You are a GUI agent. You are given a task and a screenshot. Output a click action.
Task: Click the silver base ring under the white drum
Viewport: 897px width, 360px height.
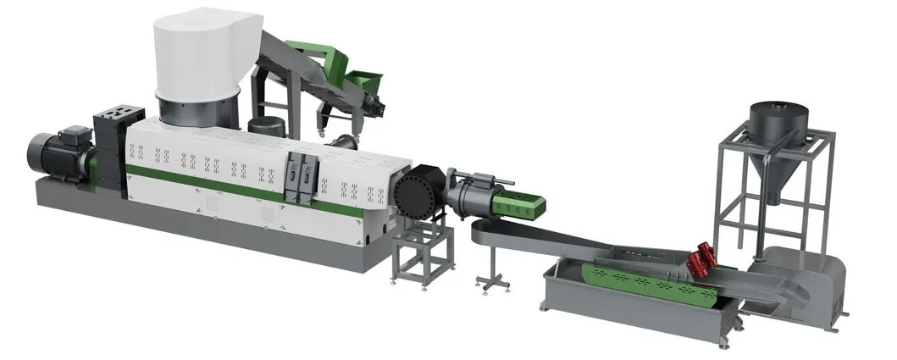point(197,114)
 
